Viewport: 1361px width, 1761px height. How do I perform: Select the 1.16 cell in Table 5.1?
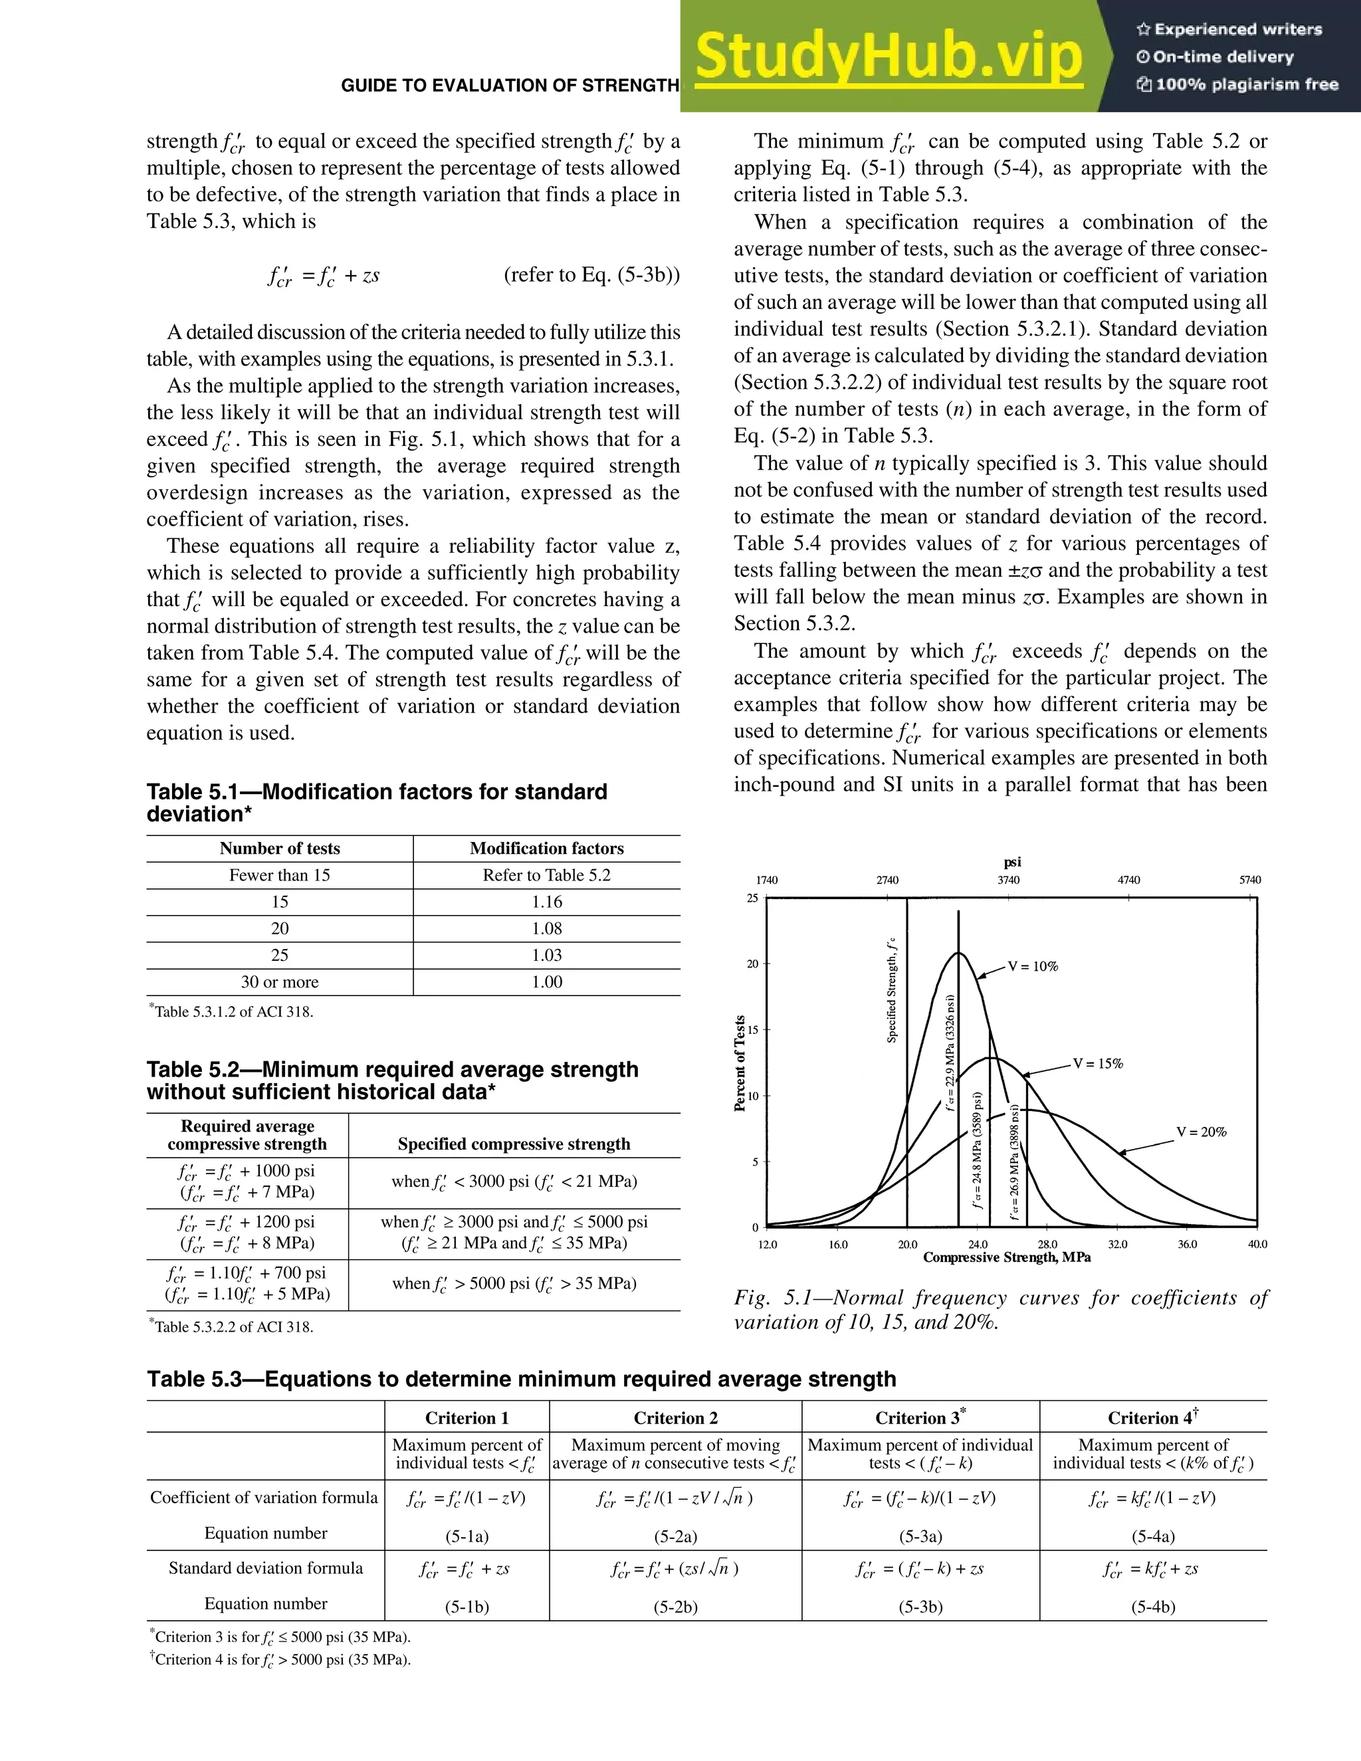547,902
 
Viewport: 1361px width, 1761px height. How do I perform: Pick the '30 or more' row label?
279,982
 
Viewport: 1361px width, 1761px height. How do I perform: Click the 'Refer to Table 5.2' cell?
547,875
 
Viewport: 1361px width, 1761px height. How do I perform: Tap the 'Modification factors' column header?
547,848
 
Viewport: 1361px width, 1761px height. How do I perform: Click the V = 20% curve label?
1201,1132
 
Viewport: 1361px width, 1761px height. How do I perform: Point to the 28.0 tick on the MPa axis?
1047,1244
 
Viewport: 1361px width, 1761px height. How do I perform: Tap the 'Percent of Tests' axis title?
740,1063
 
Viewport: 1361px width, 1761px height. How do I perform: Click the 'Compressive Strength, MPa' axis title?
1006,1257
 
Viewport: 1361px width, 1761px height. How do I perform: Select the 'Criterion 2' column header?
675,1417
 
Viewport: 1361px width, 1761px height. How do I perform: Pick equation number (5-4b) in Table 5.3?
1153,1607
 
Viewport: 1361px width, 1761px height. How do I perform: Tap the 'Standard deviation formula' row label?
265,1568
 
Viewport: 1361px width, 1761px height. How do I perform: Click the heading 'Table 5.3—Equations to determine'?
521,1379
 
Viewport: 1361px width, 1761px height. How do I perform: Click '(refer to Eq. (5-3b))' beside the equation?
591,275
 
